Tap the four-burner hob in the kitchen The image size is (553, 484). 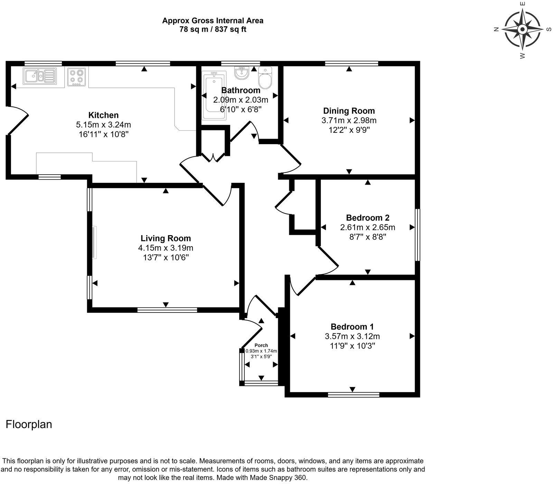click(x=77, y=76)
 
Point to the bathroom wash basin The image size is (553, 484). click(x=242, y=72)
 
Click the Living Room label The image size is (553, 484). click(x=166, y=238)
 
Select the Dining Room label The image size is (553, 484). click(x=349, y=111)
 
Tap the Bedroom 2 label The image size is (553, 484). click(x=367, y=218)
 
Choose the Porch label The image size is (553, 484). click(x=261, y=345)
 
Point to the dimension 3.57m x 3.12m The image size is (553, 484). click(x=352, y=336)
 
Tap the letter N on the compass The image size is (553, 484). click(x=496, y=29)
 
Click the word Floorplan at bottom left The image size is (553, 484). click(x=29, y=424)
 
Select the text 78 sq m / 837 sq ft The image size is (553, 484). click(x=213, y=29)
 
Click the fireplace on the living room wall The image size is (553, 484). click(x=94, y=242)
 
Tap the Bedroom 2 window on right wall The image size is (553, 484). click(x=418, y=235)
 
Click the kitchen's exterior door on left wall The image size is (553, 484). click(x=16, y=120)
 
